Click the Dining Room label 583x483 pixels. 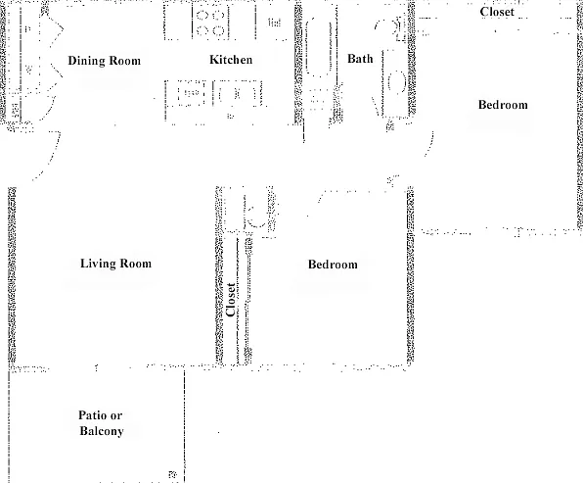coord(105,61)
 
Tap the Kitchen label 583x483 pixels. coord(231,60)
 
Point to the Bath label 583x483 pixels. coord(360,59)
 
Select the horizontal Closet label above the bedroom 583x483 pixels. coord(497,12)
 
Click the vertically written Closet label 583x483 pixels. coord(231,300)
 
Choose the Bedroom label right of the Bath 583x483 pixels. coord(503,105)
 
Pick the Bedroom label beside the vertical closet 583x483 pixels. coord(333,265)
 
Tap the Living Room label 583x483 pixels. coord(116,264)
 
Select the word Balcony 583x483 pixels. coord(102,431)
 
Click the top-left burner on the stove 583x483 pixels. coord(202,16)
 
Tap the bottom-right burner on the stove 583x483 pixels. coord(219,30)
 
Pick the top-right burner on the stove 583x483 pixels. coord(219,16)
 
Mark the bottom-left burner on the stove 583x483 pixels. coord(202,30)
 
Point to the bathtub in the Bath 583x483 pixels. coord(319,47)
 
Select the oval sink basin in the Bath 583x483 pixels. coord(397,81)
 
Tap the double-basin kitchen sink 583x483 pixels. coord(238,94)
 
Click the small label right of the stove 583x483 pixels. coord(274,23)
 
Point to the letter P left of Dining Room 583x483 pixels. coord(27,29)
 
